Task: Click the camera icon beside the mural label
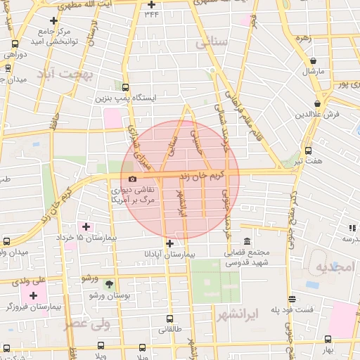(x=132, y=179)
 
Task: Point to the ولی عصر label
(x=87, y=324)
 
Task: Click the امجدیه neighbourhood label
(x=330, y=267)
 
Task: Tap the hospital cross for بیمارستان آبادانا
(x=169, y=243)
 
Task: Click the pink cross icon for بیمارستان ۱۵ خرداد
(x=86, y=226)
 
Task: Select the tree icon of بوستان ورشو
(x=109, y=284)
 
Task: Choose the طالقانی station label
(x=170, y=328)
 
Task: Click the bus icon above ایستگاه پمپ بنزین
(x=126, y=88)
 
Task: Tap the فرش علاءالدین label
(x=317, y=113)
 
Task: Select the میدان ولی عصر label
(x=14, y=251)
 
